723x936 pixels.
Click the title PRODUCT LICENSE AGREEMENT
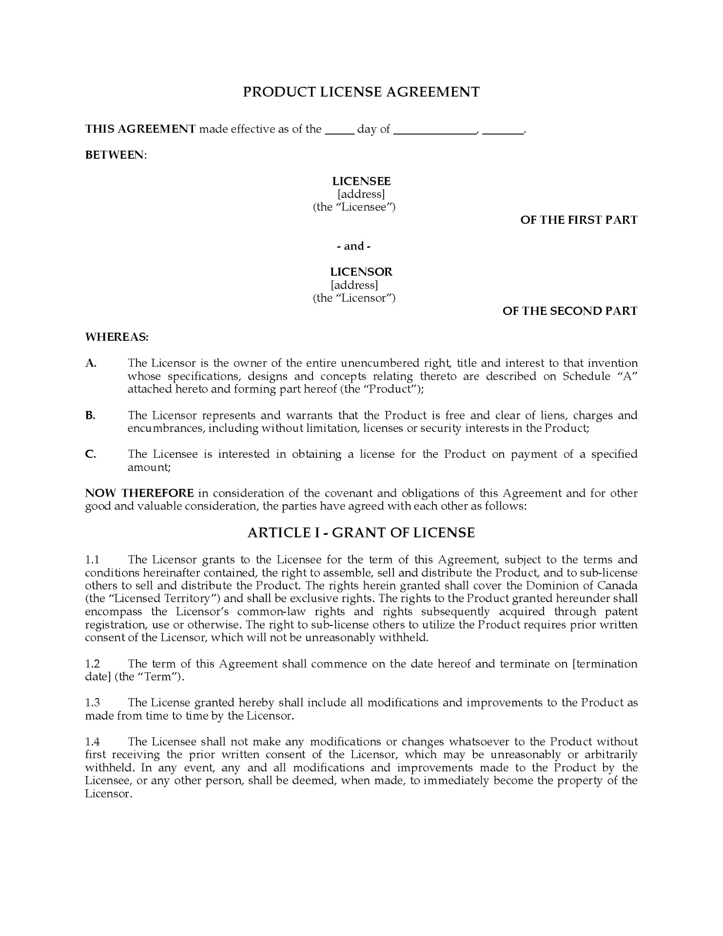361,92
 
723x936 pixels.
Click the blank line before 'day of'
339,130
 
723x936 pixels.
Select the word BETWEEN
116,155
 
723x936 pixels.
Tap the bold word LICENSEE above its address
361,181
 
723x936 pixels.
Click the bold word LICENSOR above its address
361,272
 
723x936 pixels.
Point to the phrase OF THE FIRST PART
579,220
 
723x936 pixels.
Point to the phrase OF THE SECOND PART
570,311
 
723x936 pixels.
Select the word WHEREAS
117,337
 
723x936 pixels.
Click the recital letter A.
90,363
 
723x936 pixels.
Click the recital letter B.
90,415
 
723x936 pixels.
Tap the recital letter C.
90,454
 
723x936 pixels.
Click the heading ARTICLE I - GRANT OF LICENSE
361,532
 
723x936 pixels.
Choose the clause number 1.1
92,560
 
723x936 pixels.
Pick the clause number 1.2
92,664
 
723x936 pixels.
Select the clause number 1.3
92,703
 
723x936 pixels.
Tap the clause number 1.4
92,742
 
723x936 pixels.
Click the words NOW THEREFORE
139,493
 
